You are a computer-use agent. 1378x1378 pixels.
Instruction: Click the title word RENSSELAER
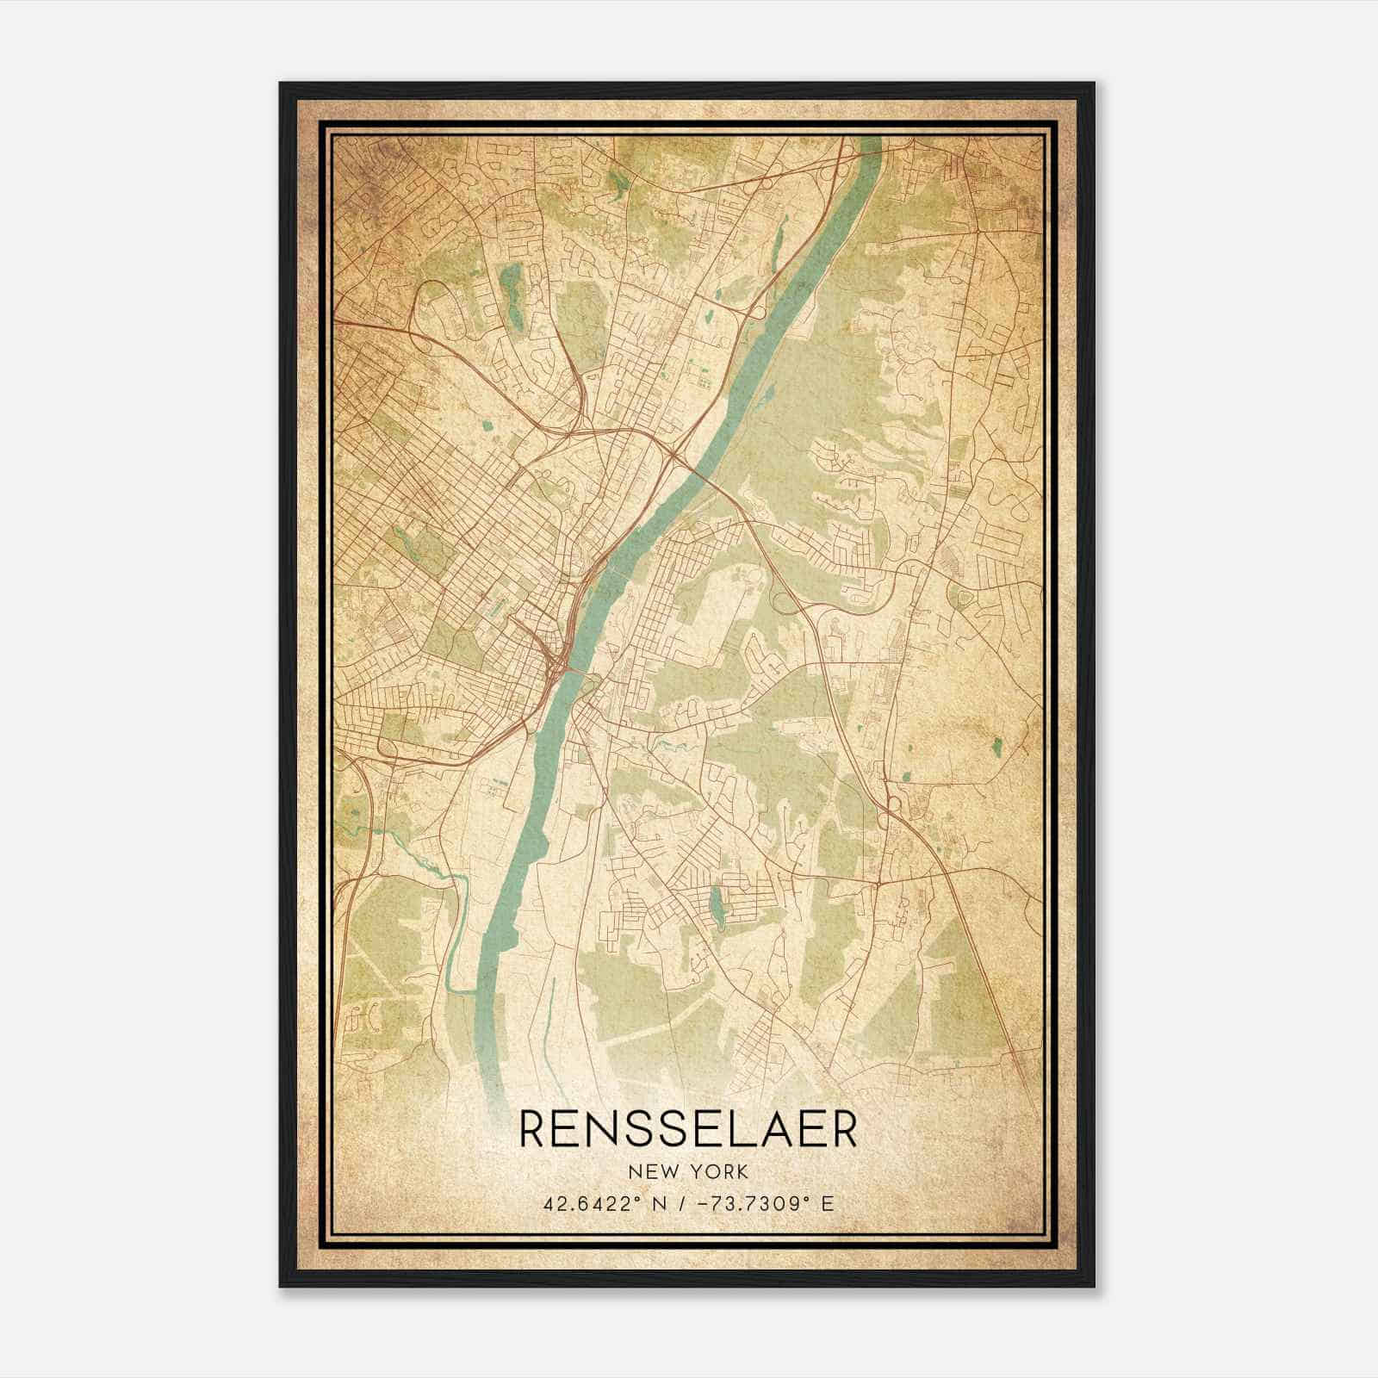(688, 1130)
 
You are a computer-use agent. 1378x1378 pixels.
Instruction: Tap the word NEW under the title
(652, 1172)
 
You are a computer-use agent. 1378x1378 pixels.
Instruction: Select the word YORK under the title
(717, 1172)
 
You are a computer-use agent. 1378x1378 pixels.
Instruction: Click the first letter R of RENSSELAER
(534, 1130)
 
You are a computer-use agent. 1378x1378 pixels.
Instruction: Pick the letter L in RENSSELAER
(735, 1130)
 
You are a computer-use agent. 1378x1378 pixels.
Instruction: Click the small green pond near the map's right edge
(997, 748)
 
